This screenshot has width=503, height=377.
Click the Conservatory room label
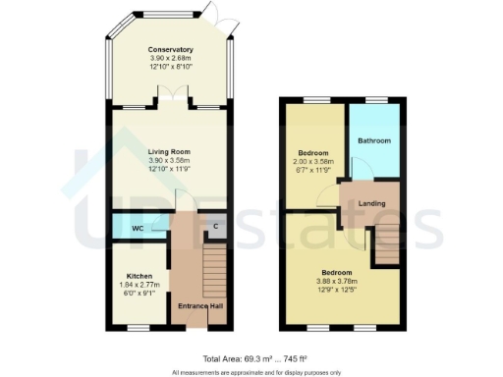(170, 49)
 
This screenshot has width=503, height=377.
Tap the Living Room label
(169, 152)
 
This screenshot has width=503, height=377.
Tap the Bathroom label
(373, 140)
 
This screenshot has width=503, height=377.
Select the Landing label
(370, 204)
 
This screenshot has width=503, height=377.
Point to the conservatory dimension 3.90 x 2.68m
(170, 58)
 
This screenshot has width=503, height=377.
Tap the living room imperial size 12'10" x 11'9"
(169, 170)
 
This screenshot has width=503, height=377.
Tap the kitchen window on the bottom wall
(139, 327)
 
